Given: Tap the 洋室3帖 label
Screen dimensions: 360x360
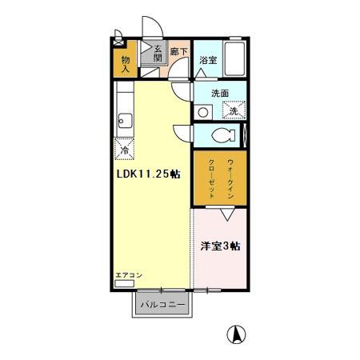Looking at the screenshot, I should pos(220,246).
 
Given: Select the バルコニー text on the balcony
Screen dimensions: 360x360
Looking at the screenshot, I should pos(162,306).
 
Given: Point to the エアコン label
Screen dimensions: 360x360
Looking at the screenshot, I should pos(128,275).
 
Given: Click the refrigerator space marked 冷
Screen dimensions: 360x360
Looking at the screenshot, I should pos(125,148).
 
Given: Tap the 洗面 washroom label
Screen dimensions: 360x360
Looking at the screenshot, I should pos(220,94).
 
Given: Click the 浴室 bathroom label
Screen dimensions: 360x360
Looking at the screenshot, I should pos(207,60).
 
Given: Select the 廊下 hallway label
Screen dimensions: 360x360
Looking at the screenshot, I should pos(181,53).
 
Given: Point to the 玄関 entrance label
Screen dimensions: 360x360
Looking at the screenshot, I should pos(158,52).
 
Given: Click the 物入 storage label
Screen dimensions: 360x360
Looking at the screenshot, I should pos(126,63).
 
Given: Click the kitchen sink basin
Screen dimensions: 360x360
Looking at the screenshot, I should pos(125,121).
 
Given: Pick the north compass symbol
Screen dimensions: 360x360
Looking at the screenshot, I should pos(237,334).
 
